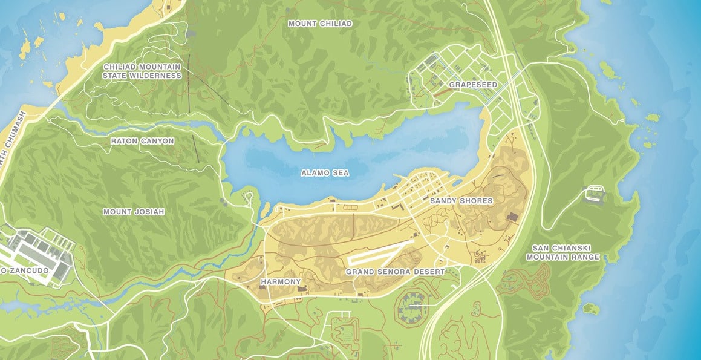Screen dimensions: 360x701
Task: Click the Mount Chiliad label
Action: pos(320,24)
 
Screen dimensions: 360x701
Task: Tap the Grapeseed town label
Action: pos(472,85)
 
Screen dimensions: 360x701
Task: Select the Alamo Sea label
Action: pos(325,173)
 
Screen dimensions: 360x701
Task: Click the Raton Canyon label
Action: pos(142,141)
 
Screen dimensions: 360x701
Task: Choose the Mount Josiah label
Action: pos(133,212)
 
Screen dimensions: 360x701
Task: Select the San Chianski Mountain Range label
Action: pos(562,252)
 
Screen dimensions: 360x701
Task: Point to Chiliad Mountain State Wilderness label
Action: pos(142,71)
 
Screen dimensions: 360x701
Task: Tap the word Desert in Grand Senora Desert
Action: pos(430,272)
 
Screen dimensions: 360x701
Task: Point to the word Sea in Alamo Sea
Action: pos(341,173)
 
